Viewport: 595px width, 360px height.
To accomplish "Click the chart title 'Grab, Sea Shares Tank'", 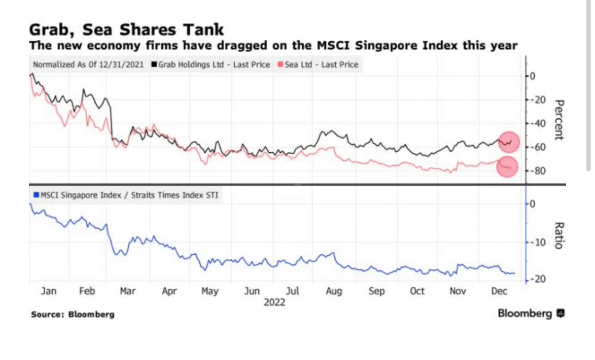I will [126, 30].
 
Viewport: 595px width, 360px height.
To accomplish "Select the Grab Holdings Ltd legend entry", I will [211, 65].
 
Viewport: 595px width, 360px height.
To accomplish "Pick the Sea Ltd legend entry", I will [318, 65].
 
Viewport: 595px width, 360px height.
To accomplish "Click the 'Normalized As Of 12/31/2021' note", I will [88, 65].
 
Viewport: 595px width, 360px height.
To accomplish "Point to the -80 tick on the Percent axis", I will [539, 171].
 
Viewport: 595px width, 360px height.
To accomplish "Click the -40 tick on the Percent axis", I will [539, 124].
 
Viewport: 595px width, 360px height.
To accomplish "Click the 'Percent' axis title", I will [558, 120].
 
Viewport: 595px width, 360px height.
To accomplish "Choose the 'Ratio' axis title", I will [558, 236].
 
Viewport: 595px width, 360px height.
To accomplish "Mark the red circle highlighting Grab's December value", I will [509, 141].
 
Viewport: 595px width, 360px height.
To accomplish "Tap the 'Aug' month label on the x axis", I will [333, 292].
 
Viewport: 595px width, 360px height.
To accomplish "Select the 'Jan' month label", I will [48, 292].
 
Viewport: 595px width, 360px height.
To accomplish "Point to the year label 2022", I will [274, 303].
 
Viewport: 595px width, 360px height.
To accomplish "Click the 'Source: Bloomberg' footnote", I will [73, 315].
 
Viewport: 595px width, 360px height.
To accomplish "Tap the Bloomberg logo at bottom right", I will [531, 314].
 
